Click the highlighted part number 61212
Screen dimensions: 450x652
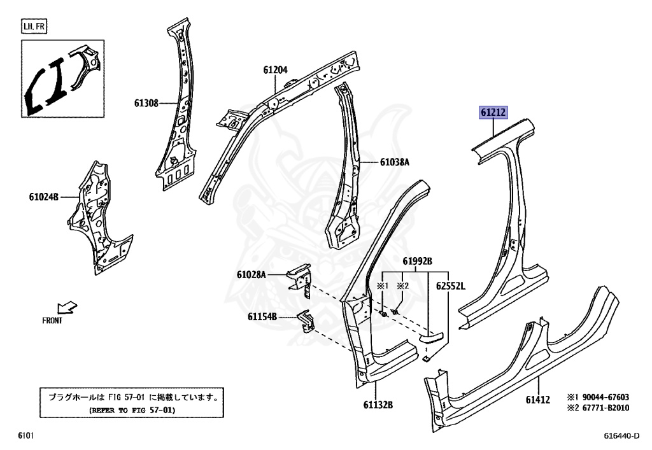(x=493, y=113)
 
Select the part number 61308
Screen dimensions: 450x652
(x=146, y=102)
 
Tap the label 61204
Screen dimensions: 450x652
(x=275, y=71)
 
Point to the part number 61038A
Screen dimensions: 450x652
(x=395, y=162)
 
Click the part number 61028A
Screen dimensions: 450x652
(x=251, y=274)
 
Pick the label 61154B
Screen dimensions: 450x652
(x=262, y=316)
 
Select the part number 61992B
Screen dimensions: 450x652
(x=417, y=262)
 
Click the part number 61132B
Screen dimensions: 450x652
(x=378, y=405)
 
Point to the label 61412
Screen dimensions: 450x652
(x=538, y=400)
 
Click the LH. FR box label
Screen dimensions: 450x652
(x=34, y=27)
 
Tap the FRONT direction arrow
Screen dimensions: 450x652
(x=67, y=308)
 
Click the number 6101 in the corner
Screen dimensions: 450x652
(x=25, y=436)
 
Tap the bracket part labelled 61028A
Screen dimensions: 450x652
(x=300, y=279)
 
